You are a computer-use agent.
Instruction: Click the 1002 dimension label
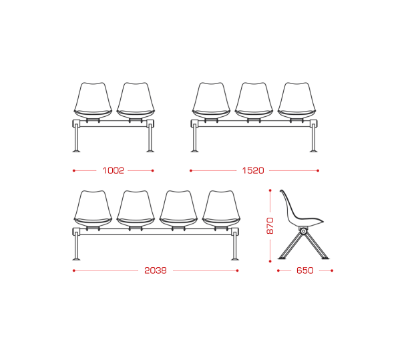point(113,170)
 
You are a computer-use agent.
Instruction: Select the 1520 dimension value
point(253,170)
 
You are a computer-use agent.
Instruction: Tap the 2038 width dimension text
point(156,271)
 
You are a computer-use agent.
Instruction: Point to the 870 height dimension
point(270,226)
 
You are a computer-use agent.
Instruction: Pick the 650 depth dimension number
point(305,271)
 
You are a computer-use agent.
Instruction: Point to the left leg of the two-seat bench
point(76,138)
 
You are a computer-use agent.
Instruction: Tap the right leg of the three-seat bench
point(314,138)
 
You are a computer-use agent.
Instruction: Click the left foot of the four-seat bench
point(76,258)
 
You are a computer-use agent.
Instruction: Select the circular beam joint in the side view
point(303,231)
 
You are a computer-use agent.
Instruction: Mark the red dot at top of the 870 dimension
point(270,190)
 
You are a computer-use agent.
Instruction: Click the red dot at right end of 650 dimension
point(332,271)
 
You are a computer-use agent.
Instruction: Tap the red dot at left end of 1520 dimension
point(191,170)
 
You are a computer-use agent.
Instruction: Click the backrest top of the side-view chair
point(281,191)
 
